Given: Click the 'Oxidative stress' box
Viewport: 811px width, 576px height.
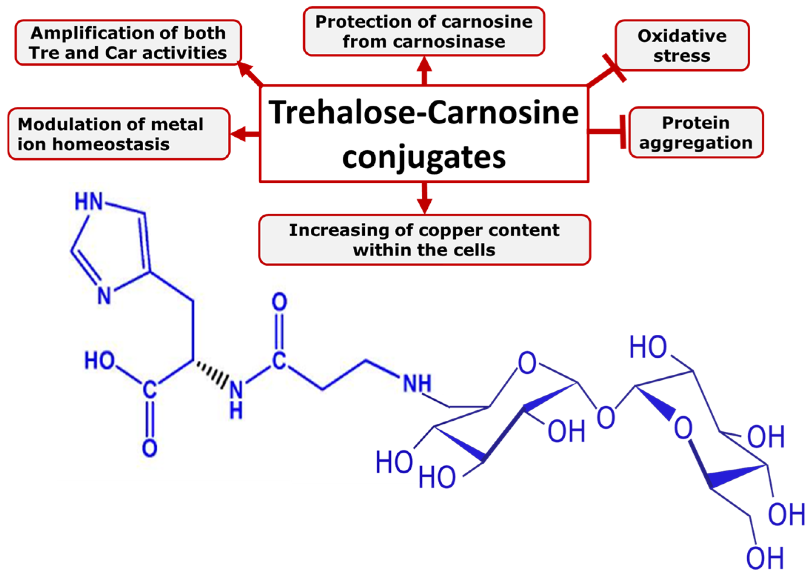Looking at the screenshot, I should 682,46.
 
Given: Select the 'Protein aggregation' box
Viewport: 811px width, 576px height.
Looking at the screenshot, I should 696,133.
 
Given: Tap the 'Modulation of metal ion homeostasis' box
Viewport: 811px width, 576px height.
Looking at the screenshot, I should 119,134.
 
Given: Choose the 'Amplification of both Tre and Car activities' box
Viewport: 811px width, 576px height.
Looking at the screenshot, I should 128,43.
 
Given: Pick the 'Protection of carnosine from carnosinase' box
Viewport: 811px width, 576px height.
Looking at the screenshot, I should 424,32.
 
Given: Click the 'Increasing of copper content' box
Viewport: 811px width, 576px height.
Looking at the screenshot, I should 424,240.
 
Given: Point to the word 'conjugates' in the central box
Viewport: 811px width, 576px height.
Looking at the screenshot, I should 424,157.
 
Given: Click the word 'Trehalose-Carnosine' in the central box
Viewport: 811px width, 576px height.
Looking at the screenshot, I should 424,112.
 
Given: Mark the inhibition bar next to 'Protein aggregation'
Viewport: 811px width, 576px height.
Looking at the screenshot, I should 623,132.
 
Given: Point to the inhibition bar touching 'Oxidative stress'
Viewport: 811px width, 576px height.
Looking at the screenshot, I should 614,67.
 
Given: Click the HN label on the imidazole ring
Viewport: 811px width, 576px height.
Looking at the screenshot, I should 89,202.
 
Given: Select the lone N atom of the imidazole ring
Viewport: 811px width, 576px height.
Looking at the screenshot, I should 104,296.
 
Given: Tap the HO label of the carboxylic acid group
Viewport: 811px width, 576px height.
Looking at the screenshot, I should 99,360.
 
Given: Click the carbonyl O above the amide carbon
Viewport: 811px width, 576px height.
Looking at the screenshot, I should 279,302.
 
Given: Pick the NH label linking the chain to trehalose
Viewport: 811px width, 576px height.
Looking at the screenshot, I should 417,383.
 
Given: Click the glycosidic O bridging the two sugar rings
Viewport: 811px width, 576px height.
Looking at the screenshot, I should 606,417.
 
